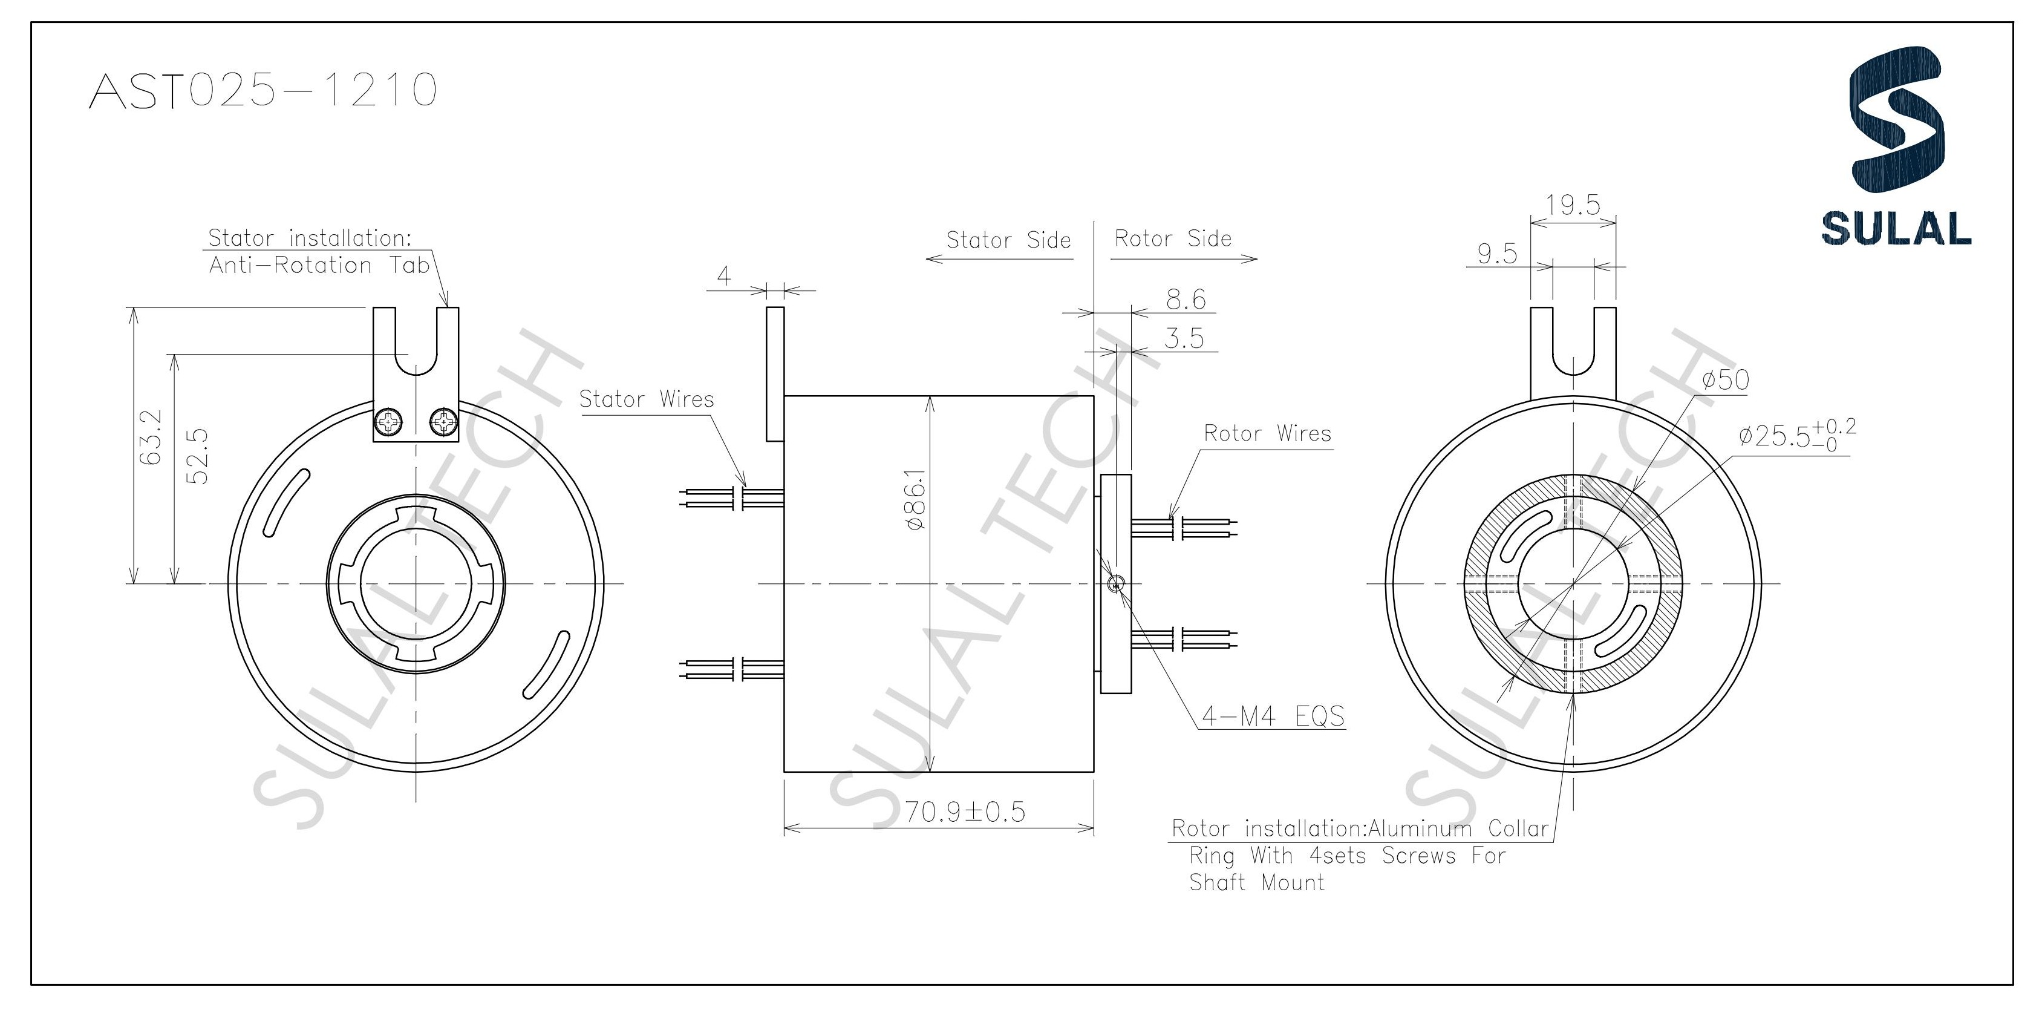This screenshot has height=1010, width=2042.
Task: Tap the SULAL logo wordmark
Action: (x=1896, y=228)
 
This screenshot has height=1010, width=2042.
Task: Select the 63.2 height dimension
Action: (x=153, y=438)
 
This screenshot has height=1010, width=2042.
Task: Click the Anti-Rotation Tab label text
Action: (x=319, y=265)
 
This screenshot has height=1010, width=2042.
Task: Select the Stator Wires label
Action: (x=646, y=399)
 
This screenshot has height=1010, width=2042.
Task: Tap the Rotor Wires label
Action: (x=1267, y=434)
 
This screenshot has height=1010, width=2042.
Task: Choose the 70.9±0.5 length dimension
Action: (x=965, y=812)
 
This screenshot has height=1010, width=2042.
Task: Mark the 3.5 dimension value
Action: (x=1184, y=338)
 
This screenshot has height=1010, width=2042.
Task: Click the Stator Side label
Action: (x=1008, y=240)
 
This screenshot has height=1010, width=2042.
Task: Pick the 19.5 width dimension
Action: (x=1573, y=205)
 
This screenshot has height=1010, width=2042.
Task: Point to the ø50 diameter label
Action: (x=1725, y=381)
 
